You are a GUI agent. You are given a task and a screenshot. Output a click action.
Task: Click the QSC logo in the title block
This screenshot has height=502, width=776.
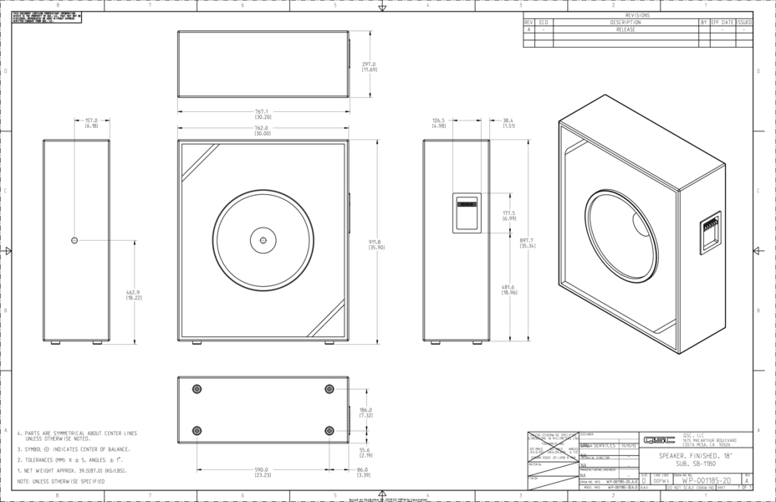pos(653,440)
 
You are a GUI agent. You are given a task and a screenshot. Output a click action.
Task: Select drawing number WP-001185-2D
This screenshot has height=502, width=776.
pos(707,481)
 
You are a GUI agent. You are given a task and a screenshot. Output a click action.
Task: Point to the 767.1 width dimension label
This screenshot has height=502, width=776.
pos(262,114)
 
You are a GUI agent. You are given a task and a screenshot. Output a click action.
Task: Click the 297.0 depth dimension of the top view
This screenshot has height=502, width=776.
pos(369,66)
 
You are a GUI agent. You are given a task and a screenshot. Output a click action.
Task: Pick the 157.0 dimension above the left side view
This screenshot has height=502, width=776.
pos(91,122)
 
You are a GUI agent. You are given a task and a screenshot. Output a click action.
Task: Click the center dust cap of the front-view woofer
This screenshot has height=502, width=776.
pos(263,241)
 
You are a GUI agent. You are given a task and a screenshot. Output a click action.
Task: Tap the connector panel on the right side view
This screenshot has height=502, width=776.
pos(467,213)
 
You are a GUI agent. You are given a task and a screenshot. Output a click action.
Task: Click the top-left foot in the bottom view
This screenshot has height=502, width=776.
pos(197,389)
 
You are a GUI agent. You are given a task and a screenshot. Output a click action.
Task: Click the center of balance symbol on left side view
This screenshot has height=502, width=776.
pos(74,240)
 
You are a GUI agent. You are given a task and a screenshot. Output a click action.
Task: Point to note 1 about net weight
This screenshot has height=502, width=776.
pos(74,472)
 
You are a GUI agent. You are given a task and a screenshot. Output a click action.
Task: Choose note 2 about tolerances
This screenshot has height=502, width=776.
pos(74,460)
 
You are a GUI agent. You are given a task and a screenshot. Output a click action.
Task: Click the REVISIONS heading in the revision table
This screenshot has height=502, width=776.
pos(636,15)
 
